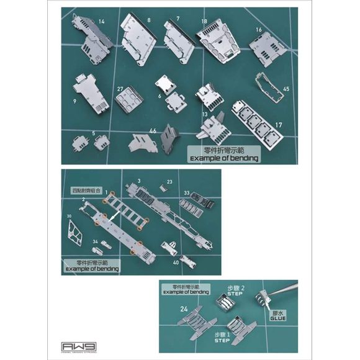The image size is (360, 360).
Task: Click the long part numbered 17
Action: (x=255, y=122)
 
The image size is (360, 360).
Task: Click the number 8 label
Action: (x=149, y=21)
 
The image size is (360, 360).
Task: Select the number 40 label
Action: (x=176, y=261)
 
